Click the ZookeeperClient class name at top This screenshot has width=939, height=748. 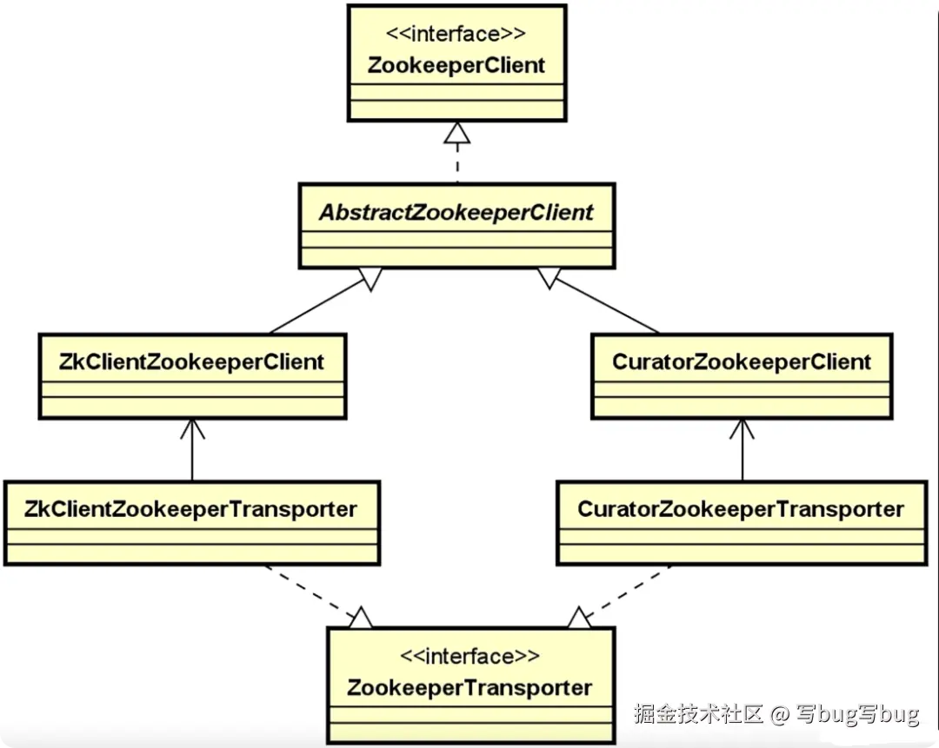456,65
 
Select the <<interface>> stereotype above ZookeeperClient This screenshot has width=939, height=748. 456,34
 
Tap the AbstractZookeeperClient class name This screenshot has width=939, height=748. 456,212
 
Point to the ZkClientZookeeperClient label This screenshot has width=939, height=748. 191,361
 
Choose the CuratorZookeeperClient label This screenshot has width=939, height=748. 741,361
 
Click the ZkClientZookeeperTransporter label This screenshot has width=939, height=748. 191,509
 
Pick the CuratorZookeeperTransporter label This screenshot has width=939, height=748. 741,509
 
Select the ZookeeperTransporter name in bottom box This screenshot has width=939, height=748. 469,688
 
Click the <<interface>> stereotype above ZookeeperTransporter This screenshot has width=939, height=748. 469,656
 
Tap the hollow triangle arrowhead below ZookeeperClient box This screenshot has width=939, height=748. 456,132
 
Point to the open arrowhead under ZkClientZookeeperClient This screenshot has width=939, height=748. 191,428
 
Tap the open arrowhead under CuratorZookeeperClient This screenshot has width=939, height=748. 742,428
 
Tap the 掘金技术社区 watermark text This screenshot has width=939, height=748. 698,714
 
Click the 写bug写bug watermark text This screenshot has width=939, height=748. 856,714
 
